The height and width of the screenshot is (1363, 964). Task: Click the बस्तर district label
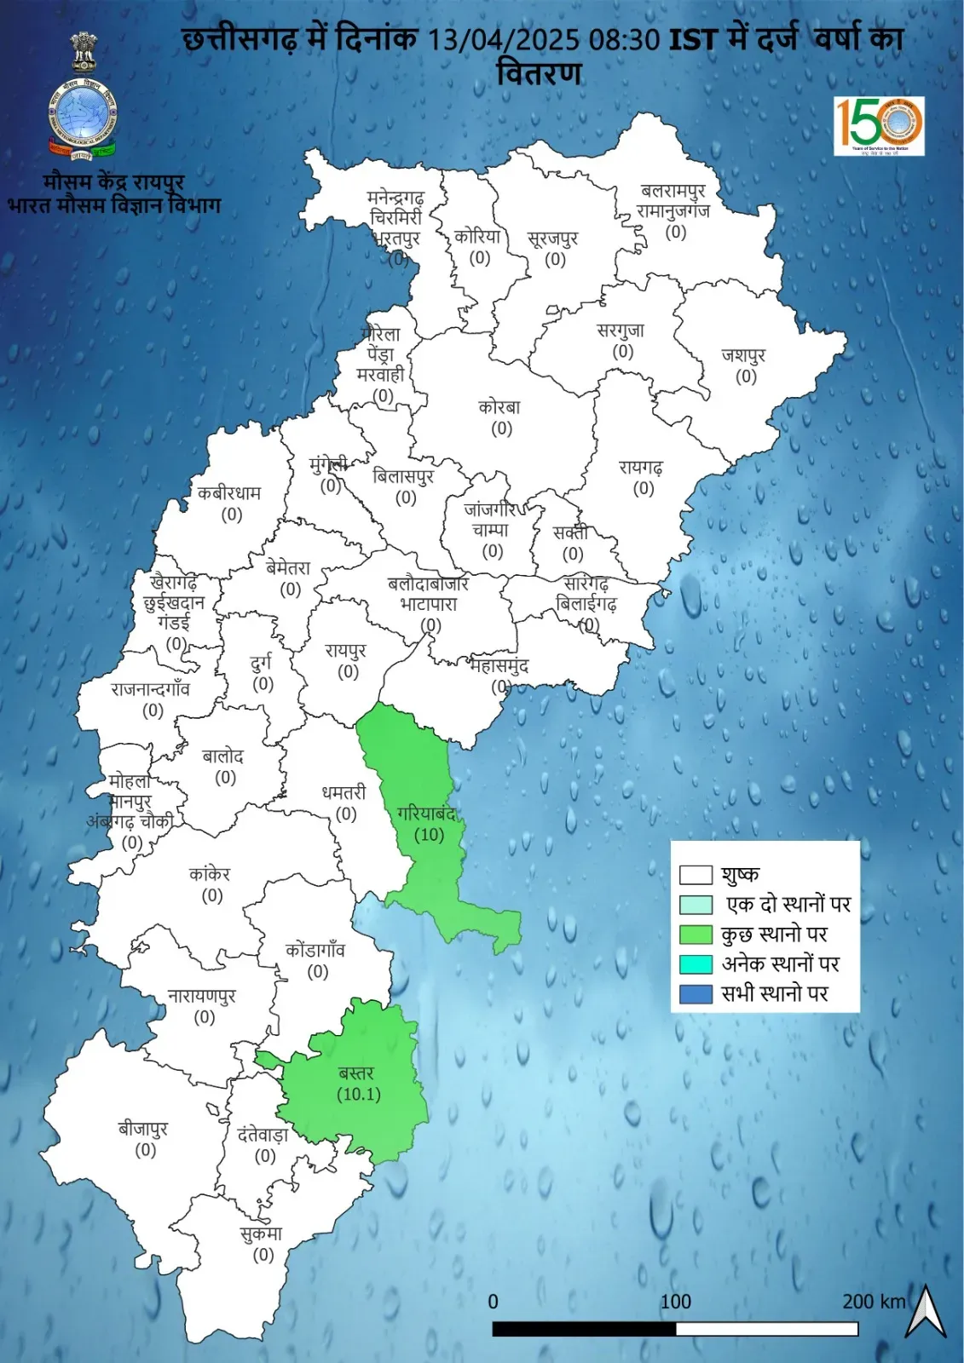tap(356, 1073)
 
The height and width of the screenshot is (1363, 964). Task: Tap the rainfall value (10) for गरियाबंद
tap(429, 835)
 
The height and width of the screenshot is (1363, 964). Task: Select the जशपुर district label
tap(744, 354)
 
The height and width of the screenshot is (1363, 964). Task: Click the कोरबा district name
tap(499, 407)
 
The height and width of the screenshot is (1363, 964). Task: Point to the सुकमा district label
tap(261, 1234)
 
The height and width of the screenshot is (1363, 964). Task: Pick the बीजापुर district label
tap(143, 1130)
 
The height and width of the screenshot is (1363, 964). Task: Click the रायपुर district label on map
tap(346, 651)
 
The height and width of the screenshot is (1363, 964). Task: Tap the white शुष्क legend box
tap(696, 875)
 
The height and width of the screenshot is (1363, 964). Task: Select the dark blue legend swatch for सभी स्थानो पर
tap(696, 994)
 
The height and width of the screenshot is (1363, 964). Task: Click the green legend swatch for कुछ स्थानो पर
tap(696, 935)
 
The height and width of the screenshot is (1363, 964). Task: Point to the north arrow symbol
tap(926, 1311)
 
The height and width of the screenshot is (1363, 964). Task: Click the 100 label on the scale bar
tap(676, 1302)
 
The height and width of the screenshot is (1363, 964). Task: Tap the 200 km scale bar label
tap(874, 1302)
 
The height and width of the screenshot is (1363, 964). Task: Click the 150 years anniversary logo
tap(879, 126)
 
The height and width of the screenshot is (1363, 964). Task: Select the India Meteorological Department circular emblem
tap(83, 118)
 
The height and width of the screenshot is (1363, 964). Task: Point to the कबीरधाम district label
tap(229, 493)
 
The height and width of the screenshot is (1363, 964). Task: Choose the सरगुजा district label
tap(621, 331)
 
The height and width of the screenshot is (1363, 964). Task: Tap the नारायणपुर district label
tap(202, 996)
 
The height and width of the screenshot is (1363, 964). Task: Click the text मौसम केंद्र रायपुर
tap(113, 181)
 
